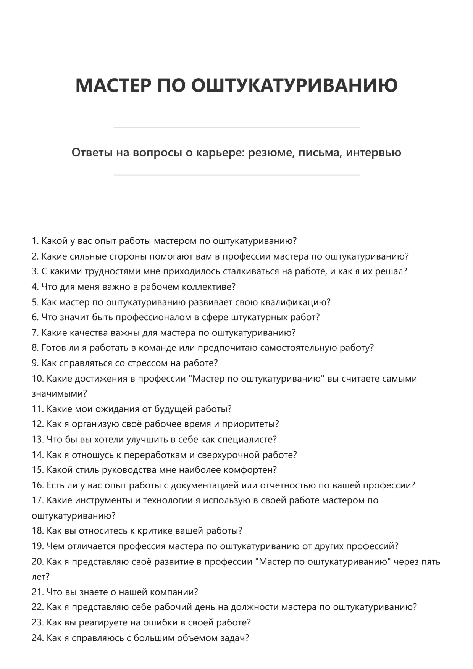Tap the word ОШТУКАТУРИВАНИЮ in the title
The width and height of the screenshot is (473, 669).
point(294,85)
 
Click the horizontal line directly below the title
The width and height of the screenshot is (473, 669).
point(236,128)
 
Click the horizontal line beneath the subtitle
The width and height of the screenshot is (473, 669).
point(236,175)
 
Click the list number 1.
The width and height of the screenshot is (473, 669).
point(35,241)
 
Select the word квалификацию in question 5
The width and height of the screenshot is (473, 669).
point(295,302)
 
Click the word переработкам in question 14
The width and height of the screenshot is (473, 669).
point(159,455)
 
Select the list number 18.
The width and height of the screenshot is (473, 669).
point(37,531)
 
